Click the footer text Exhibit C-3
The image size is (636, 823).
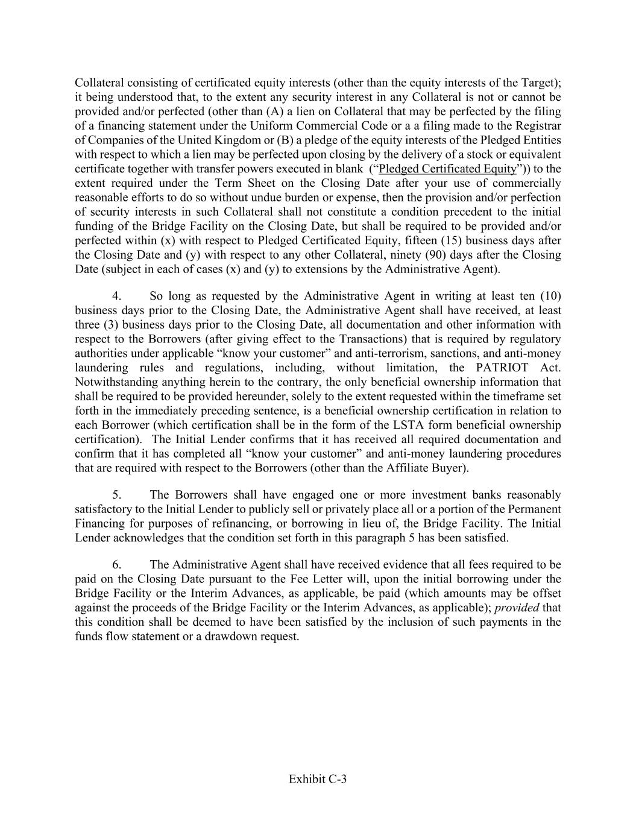tap(318, 779)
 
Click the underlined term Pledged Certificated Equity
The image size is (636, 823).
tap(447, 169)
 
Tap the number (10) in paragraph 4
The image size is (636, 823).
tap(550, 296)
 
